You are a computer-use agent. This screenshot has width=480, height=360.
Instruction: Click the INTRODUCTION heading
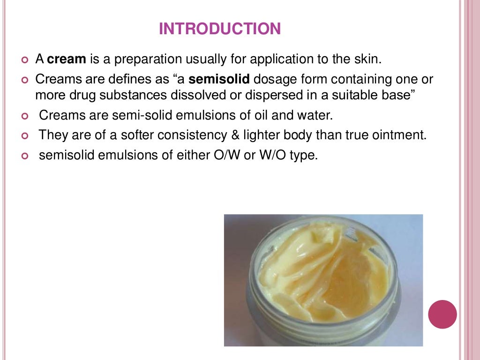point(220,29)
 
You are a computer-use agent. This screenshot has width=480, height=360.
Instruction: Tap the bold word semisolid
point(219,79)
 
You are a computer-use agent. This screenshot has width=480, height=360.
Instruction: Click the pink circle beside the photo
point(442,314)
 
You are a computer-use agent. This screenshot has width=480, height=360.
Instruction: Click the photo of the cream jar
point(323,280)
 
